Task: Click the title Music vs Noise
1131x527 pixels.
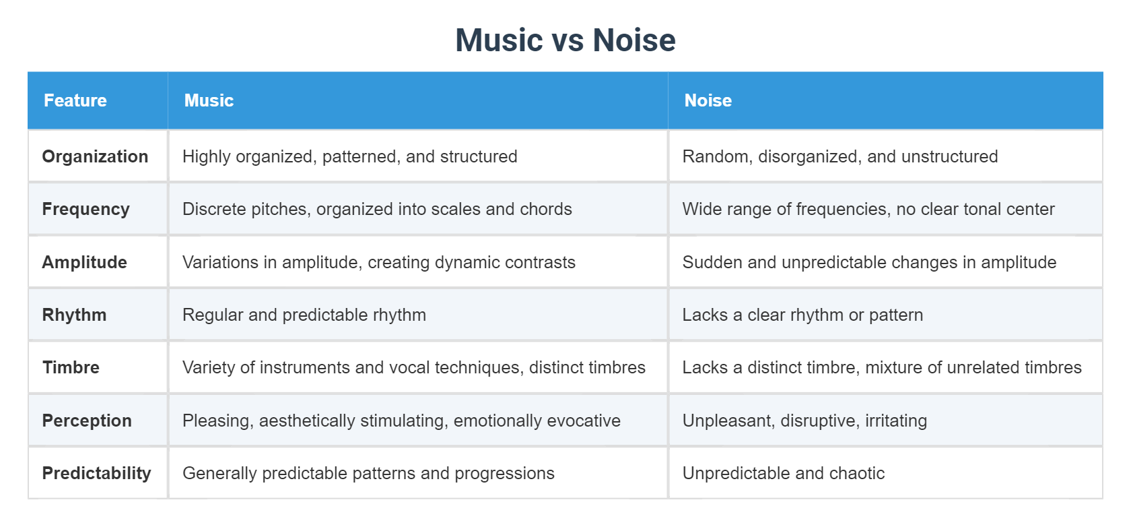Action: click(565, 40)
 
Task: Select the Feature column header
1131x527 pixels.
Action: click(75, 100)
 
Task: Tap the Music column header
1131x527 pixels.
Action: click(209, 100)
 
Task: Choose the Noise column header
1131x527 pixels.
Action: click(708, 100)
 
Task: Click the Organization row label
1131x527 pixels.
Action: click(95, 156)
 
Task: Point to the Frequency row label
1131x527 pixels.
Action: click(85, 209)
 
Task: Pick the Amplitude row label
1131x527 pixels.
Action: click(84, 262)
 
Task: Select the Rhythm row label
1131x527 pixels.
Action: click(74, 315)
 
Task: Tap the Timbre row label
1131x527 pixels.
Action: click(71, 367)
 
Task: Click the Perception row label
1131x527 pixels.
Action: click(87, 421)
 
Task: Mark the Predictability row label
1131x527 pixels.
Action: click(96, 473)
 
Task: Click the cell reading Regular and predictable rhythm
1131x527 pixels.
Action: click(304, 315)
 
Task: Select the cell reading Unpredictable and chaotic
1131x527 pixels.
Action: click(783, 473)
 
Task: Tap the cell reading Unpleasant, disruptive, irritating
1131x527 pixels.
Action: click(804, 421)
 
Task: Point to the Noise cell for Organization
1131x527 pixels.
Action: click(839, 156)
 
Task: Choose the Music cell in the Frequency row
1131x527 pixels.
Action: click(377, 209)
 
